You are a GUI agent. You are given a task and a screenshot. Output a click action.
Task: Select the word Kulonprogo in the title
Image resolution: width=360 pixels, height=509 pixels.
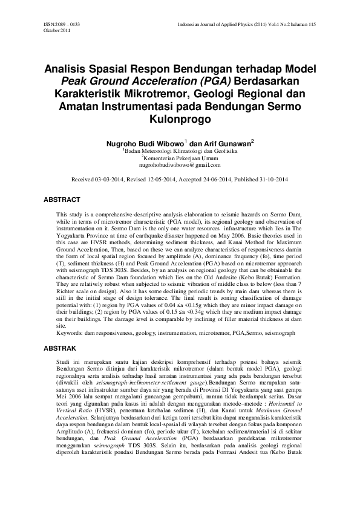(180, 119)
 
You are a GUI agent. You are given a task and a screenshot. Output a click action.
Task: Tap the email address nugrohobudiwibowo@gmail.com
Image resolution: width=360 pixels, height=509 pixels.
(180, 164)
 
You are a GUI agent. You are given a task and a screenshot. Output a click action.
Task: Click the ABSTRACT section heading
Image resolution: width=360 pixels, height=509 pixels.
(62, 199)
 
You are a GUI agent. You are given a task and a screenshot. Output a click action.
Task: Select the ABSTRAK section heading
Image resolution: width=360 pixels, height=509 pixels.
(60, 349)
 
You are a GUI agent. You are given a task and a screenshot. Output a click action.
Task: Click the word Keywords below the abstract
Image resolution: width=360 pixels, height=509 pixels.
(70, 332)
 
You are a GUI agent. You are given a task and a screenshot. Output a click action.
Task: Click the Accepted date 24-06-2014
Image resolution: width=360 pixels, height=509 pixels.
(217, 180)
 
